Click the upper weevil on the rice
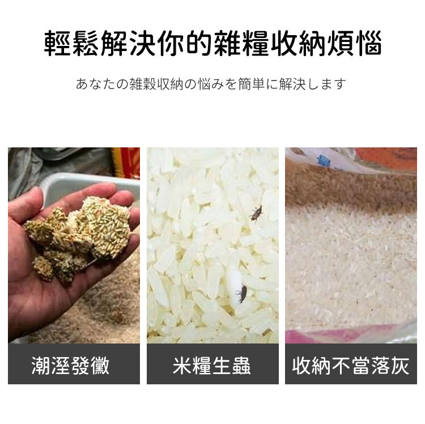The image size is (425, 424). [256, 213]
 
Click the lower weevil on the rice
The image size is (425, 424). [241, 294]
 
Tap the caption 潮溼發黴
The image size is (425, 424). [70, 366]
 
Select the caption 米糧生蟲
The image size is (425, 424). [212, 366]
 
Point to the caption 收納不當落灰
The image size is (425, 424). [351, 366]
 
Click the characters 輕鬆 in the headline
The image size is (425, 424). [71, 44]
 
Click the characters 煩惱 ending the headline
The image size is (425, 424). [354, 44]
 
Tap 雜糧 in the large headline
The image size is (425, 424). [241, 44]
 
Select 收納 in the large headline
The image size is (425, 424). [297, 44]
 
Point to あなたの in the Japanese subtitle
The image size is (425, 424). [102, 84]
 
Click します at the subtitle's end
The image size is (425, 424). [327, 84]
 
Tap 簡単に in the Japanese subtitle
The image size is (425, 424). [258, 84]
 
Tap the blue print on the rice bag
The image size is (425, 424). [324, 161]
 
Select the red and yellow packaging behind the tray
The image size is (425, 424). [126, 162]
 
